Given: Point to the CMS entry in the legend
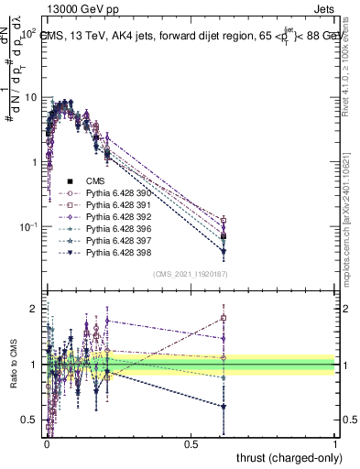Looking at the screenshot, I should click(x=96, y=181).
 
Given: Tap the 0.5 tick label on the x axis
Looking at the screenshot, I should click(x=191, y=442).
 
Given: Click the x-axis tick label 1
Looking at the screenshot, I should click(x=335, y=442).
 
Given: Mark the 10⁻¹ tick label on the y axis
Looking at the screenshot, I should click(x=27, y=226).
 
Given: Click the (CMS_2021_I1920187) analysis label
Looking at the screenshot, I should click(x=191, y=273).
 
